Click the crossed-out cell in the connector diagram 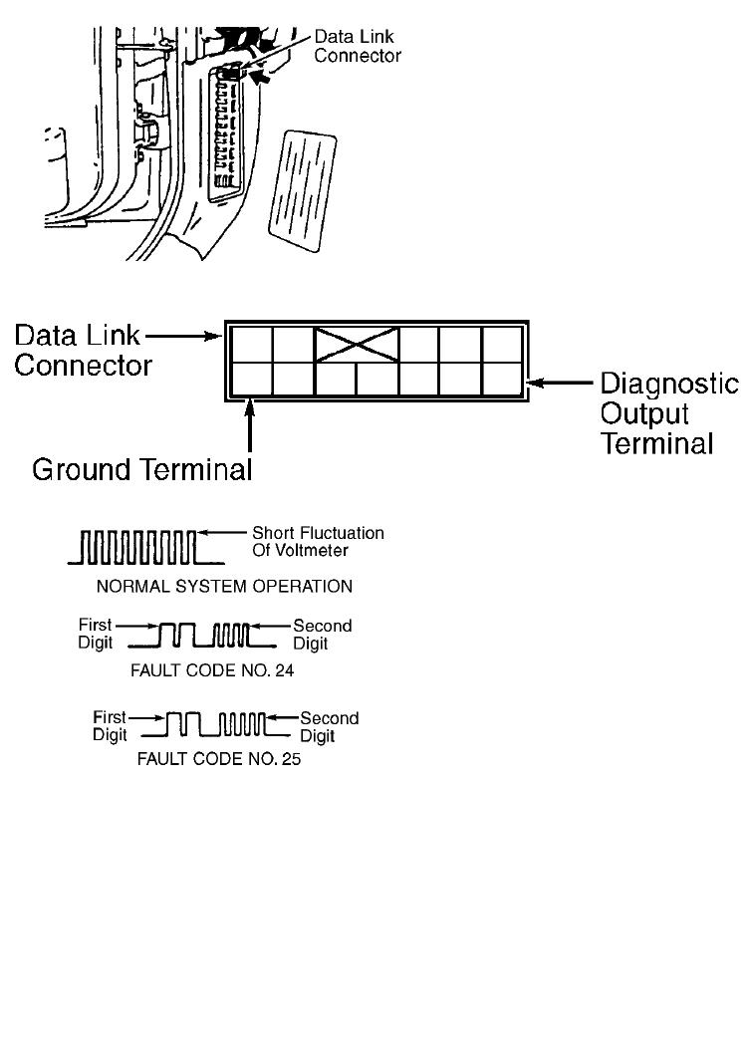tap(357, 344)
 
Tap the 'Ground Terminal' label tap(142, 469)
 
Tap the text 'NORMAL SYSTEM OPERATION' tap(224, 587)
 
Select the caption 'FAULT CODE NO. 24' tap(212, 670)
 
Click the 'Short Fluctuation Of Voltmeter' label tap(318, 542)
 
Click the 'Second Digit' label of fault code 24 tap(322, 634)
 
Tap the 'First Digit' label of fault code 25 tap(110, 725)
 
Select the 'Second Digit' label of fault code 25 tap(330, 726)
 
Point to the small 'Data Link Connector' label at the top tap(358, 47)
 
